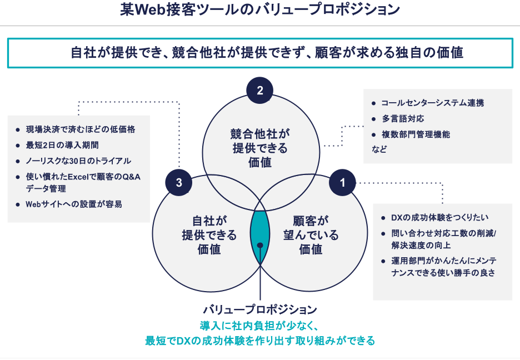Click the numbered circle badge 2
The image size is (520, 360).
(259, 91)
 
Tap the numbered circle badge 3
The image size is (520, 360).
(179, 183)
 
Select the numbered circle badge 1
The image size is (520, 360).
(343, 183)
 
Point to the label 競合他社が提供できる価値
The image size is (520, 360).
(260, 148)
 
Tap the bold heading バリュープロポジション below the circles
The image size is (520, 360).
(260, 309)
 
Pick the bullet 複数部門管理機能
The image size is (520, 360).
(416, 134)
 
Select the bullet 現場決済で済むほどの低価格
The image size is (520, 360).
(81, 129)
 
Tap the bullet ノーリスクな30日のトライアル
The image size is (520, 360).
(78, 161)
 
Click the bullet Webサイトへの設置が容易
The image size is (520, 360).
(74, 204)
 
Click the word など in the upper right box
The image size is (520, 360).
(379, 149)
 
